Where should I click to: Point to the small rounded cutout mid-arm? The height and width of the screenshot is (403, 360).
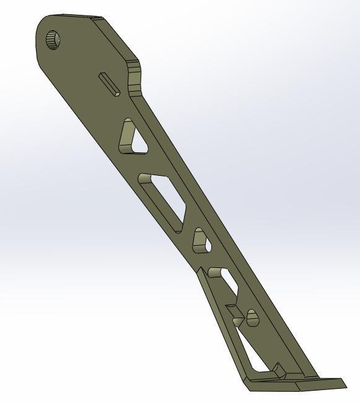201,241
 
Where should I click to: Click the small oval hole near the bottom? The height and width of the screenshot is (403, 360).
252,318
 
